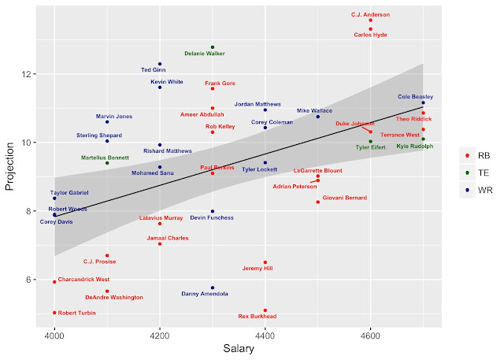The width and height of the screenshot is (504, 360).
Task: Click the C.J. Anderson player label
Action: point(370,14)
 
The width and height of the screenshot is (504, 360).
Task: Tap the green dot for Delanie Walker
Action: point(213,47)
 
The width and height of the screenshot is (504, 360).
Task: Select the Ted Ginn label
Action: point(153,70)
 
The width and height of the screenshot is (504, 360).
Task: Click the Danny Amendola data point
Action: point(213,288)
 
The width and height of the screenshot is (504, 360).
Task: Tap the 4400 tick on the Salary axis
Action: point(265,333)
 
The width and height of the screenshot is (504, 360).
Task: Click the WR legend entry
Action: point(476,189)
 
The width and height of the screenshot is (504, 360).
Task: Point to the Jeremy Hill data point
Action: point(265,262)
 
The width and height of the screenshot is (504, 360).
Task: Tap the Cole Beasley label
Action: point(415,97)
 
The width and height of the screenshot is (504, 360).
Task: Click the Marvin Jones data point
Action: point(107,122)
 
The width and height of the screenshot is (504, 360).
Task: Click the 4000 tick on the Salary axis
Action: point(54,333)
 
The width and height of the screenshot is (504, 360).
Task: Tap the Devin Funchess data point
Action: point(213,211)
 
